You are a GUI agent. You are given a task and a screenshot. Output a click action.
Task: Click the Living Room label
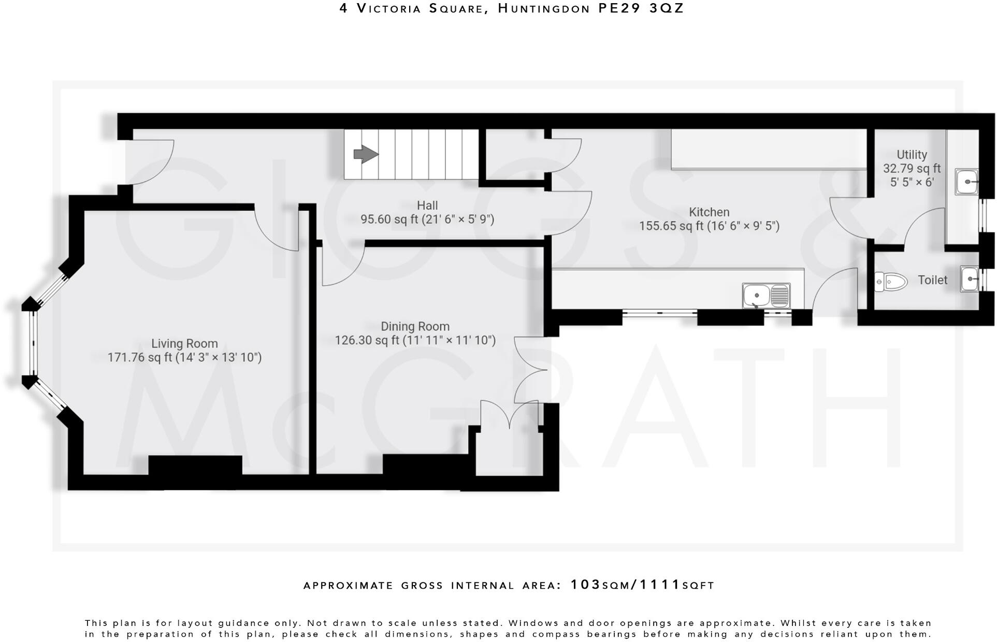pyautogui.click(x=184, y=343)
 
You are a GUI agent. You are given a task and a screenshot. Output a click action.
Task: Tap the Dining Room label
pyautogui.click(x=415, y=326)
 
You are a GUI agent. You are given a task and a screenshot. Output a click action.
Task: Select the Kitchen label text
pyautogui.click(x=709, y=212)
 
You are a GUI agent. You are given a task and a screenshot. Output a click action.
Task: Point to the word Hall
pyautogui.click(x=427, y=206)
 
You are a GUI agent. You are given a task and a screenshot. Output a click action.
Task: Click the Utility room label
pyautogui.click(x=912, y=154)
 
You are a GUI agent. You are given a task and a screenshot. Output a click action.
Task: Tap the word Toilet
pyautogui.click(x=932, y=280)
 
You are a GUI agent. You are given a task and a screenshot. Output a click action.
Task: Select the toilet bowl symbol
pyautogui.click(x=892, y=282)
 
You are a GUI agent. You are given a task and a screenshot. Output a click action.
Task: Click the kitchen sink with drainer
pyautogui.click(x=766, y=296)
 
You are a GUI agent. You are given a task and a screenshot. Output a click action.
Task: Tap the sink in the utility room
pyautogui.click(x=966, y=182)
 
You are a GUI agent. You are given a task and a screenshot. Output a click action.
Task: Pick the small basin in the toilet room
pyautogui.click(x=970, y=279)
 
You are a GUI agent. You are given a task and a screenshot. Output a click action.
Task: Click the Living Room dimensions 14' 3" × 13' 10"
pyautogui.click(x=218, y=357)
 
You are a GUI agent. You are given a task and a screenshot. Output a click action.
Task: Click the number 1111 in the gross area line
pyautogui.click(x=660, y=585)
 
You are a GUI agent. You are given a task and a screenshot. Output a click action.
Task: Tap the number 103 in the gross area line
pyautogui.click(x=585, y=585)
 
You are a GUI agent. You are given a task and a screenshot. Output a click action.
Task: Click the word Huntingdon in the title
pyautogui.click(x=544, y=8)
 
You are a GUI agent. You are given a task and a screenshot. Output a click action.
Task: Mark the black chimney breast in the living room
pyautogui.click(x=195, y=464)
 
